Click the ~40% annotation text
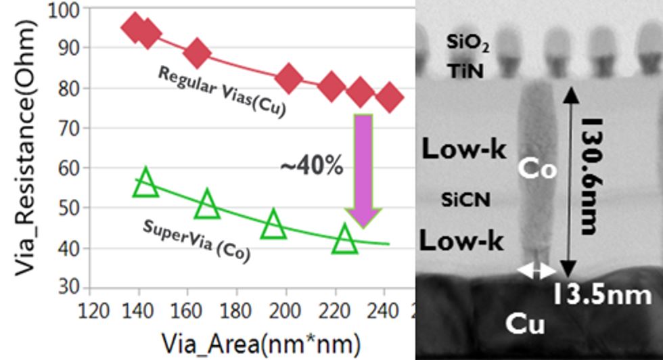click(x=312, y=166)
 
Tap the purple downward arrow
click(x=363, y=169)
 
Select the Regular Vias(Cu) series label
click(x=221, y=91)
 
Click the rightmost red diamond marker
click(x=389, y=97)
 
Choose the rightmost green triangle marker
click(x=345, y=240)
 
